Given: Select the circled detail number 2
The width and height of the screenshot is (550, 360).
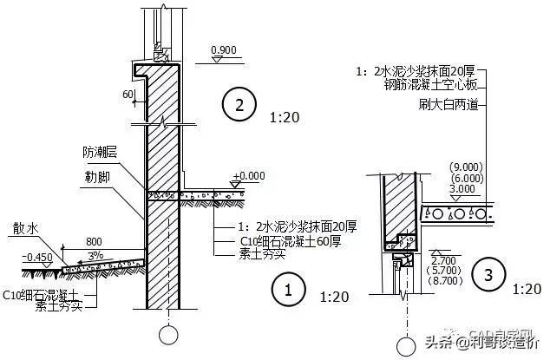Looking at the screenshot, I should click(x=238, y=106).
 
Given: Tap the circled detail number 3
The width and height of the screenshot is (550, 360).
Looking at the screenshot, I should click(x=488, y=276).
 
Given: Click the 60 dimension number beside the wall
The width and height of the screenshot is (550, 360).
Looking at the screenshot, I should click(x=128, y=94).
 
